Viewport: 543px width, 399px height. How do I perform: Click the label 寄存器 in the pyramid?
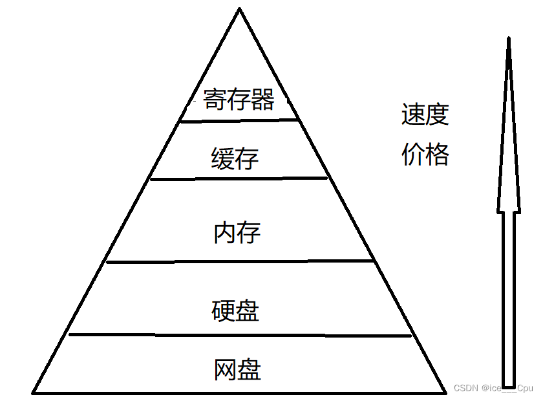[239, 100]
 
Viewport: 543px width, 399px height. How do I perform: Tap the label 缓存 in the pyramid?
[235, 158]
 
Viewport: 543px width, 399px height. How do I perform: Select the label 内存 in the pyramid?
[237, 233]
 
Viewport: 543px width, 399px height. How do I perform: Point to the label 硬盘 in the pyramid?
[235, 311]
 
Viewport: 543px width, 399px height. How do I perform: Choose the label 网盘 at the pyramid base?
[237, 370]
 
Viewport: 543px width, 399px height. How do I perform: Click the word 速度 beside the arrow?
[425, 116]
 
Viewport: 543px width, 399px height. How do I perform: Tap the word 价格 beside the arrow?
[425, 155]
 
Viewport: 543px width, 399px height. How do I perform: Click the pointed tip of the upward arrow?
[509, 40]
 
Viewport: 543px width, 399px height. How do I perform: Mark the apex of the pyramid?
[239, 9]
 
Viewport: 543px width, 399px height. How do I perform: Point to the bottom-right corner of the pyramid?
[445, 392]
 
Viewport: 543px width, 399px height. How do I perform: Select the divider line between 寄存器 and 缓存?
[239, 120]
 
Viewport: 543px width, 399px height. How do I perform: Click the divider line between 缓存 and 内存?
[239, 178]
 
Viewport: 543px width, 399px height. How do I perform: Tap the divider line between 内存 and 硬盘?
[239, 261]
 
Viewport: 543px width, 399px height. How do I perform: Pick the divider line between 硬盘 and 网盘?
[239, 335]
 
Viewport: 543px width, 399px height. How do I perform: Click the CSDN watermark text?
[493, 388]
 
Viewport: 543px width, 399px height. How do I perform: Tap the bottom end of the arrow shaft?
[509, 386]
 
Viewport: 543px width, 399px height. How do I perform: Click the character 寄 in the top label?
[215, 100]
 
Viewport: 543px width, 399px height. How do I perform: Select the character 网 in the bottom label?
[225, 370]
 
